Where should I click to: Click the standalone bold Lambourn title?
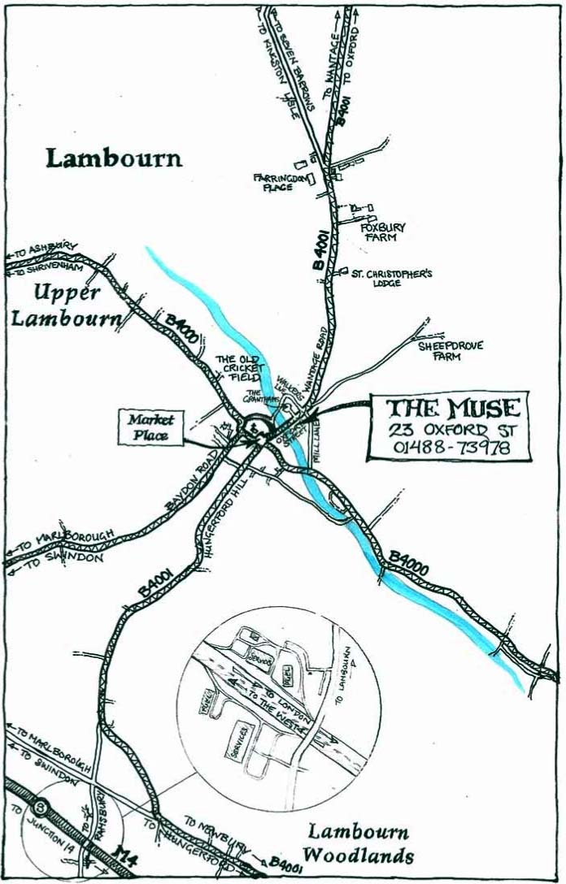coord(114,158)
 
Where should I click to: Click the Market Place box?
coord(150,427)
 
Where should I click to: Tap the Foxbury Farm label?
coord(382,232)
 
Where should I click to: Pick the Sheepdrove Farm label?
coord(451,350)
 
